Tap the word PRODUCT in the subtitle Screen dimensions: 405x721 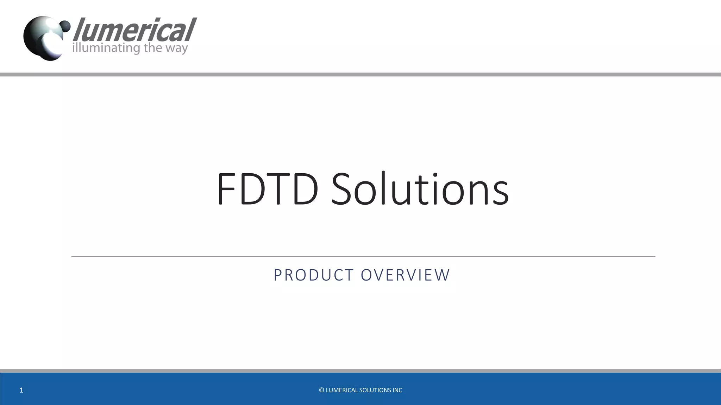click(x=314, y=275)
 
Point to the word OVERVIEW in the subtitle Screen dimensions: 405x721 click(x=405, y=275)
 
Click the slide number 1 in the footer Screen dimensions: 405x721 click(x=21, y=390)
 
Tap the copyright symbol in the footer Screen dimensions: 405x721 click(x=321, y=390)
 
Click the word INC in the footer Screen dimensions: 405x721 click(x=397, y=390)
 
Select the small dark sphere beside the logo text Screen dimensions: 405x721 click(x=65, y=26)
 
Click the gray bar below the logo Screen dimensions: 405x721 click(x=360, y=75)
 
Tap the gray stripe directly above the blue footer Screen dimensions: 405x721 click(x=360, y=371)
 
